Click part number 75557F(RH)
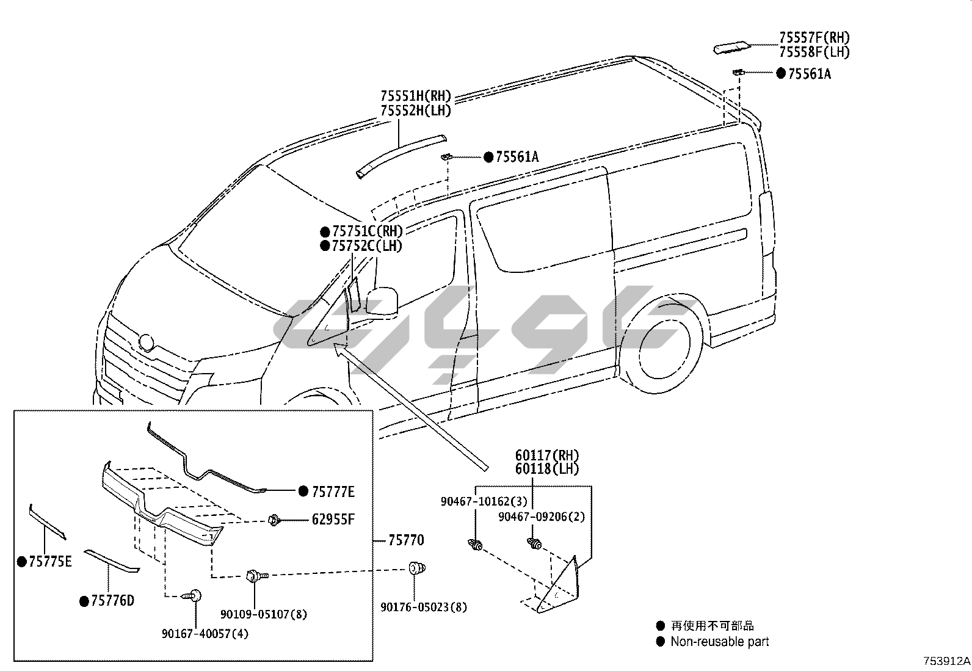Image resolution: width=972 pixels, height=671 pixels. [x=814, y=38]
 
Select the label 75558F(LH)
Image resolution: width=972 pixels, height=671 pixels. [x=814, y=53]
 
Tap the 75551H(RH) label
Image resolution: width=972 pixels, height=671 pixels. [x=415, y=96]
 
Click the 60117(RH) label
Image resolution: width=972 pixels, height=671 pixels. [x=547, y=455]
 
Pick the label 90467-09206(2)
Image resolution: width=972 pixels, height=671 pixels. [x=541, y=517]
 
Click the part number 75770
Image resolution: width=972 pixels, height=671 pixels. [x=406, y=540]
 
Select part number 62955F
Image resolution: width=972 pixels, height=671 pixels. [x=333, y=520]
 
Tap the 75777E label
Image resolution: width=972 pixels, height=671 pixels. [x=333, y=491]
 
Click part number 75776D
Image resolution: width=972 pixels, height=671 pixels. [x=112, y=601]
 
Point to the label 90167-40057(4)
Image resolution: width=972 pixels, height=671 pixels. [x=205, y=634]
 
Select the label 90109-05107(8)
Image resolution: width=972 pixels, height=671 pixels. [x=264, y=614]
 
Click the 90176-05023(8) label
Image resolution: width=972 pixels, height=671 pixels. [x=424, y=608]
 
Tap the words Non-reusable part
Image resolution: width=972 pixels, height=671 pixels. [x=719, y=642]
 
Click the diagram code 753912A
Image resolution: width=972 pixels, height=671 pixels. [x=946, y=661]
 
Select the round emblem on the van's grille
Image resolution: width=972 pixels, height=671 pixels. [x=147, y=343]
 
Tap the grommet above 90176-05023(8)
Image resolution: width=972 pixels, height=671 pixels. [x=416, y=568]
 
